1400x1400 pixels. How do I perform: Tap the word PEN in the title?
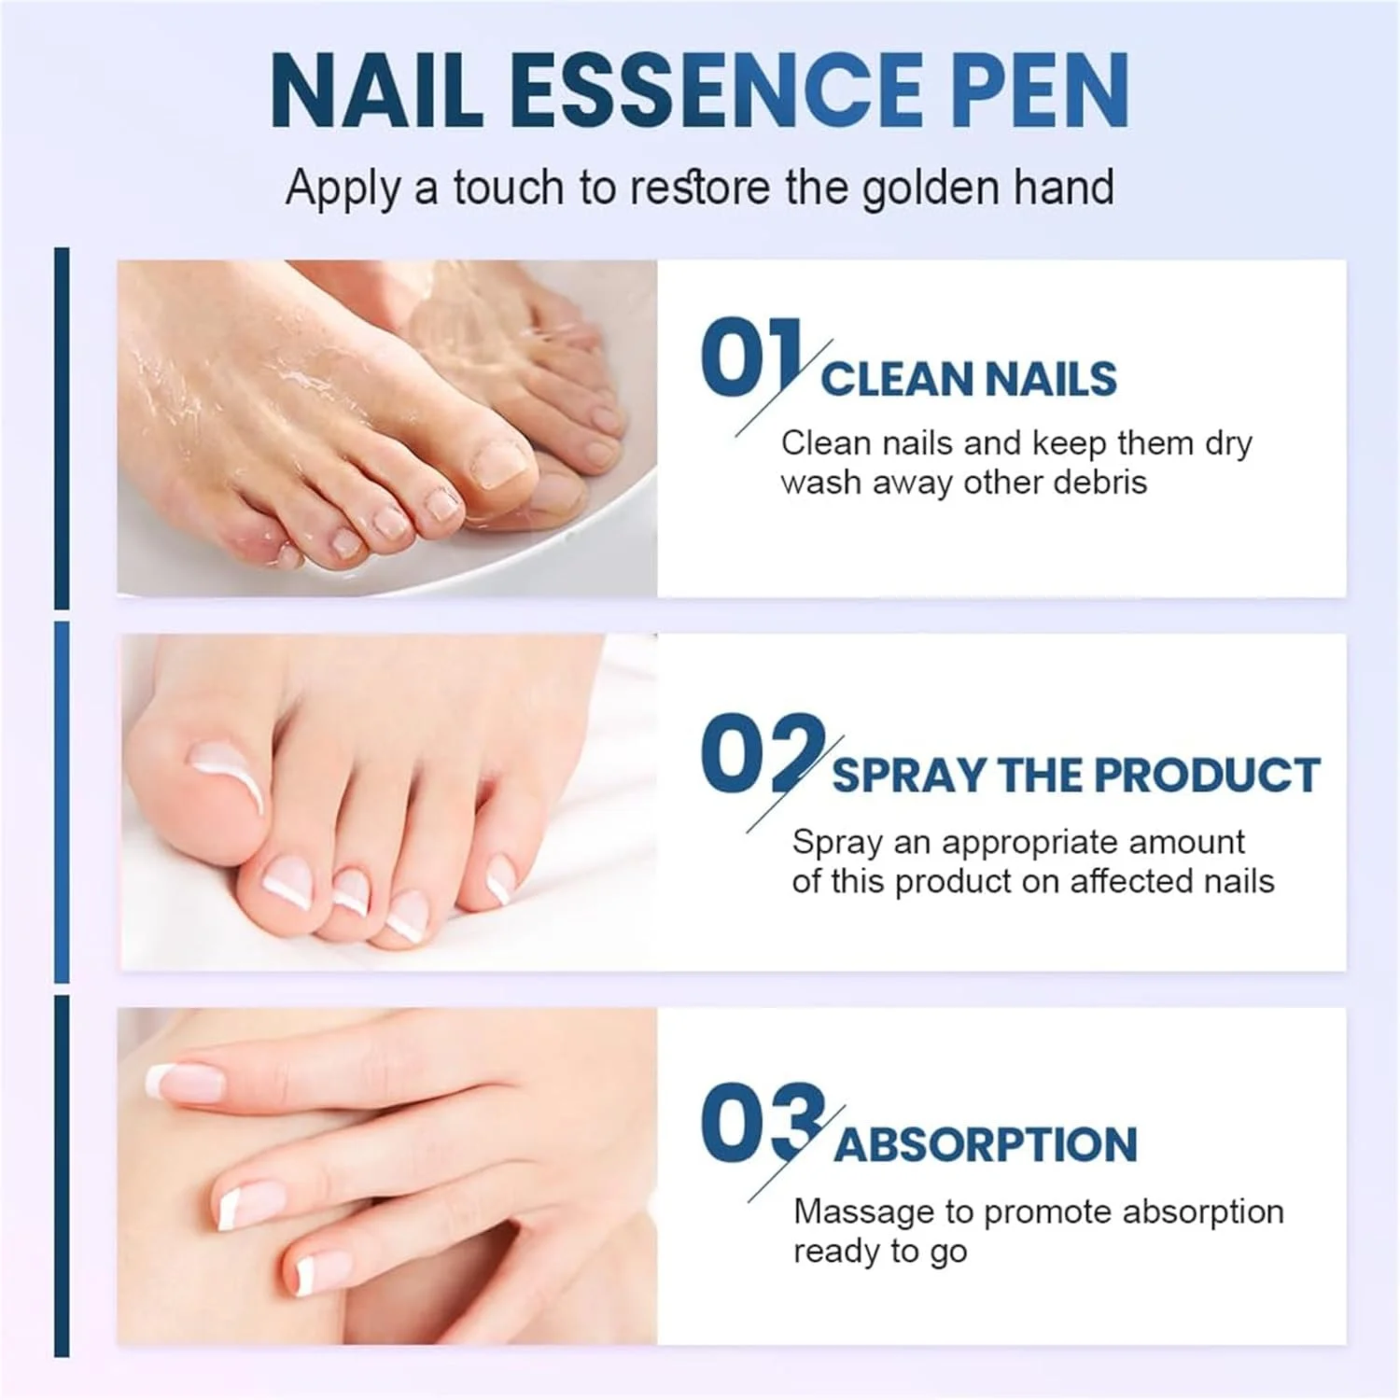pyautogui.click(x=1042, y=91)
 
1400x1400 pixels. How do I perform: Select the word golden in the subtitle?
pyautogui.click(x=931, y=188)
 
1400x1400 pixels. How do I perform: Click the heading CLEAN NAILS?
pyautogui.click(x=969, y=380)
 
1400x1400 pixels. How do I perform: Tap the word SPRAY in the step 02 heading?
pyautogui.click(x=908, y=776)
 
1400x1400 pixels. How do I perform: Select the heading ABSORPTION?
pyautogui.click(x=986, y=1145)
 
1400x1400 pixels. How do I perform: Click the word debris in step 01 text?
pyautogui.click(x=1100, y=483)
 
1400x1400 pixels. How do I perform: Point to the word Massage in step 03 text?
pyautogui.click(x=863, y=1211)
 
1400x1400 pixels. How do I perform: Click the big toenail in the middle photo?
pyautogui.click(x=227, y=761)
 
